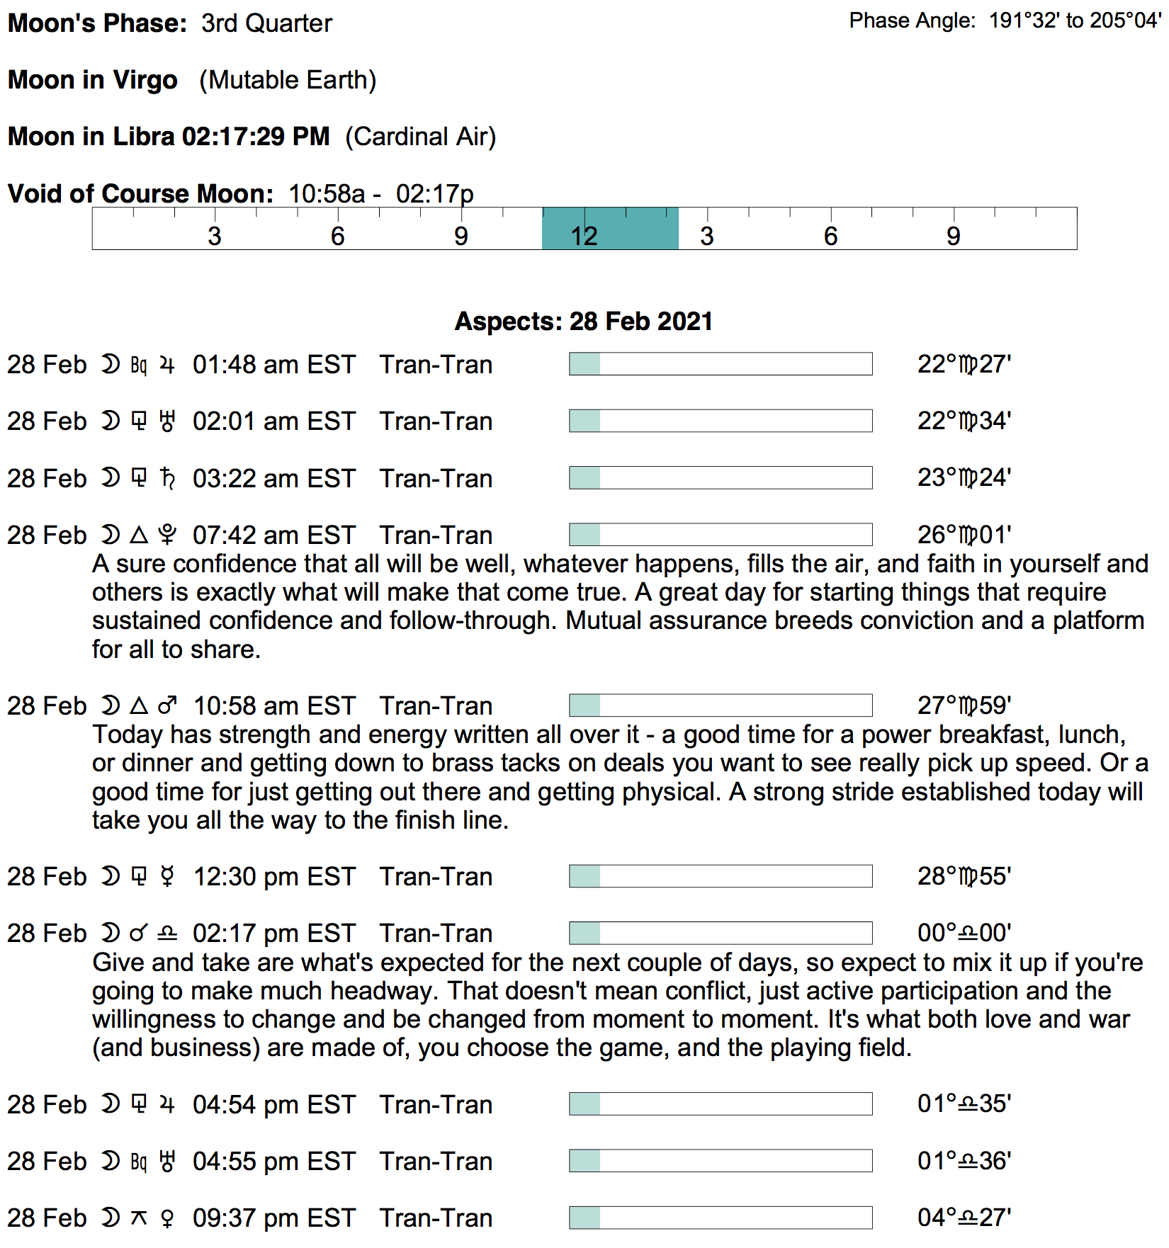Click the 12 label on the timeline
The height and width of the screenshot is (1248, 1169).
click(584, 237)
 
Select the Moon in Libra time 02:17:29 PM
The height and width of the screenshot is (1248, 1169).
click(256, 136)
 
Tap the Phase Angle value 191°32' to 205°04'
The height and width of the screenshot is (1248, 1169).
click(1074, 21)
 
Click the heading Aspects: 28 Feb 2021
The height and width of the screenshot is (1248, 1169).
click(583, 321)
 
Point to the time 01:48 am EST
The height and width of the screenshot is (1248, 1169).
click(273, 364)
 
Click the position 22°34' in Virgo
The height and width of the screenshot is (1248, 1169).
click(964, 421)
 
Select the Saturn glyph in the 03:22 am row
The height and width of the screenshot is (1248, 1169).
click(167, 478)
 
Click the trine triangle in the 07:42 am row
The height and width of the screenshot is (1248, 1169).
click(140, 535)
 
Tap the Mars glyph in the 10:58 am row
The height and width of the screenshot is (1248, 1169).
click(168, 705)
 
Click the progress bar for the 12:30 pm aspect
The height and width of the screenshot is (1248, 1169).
click(720, 876)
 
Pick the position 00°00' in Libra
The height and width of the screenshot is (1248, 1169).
click(964, 933)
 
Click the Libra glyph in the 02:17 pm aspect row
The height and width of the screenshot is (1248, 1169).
click(167, 934)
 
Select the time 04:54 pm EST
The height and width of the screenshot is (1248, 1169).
click(273, 1104)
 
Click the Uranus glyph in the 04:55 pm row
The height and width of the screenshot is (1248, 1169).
click(167, 1161)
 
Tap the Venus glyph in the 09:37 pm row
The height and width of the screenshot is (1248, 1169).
click(167, 1218)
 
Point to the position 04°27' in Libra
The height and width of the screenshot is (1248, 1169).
click(964, 1218)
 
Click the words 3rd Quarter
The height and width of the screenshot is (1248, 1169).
click(266, 23)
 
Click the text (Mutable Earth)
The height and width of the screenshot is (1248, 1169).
click(288, 80)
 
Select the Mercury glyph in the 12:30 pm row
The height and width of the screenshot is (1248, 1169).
click(167, 876)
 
